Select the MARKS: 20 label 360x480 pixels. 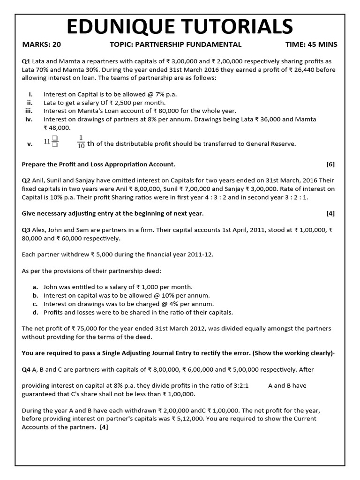tap(42, 45)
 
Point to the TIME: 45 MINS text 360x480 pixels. tap(311, 45)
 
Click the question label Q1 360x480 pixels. tap(26, 62)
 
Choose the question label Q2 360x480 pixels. tap(26, 180)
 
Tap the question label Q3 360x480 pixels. tap(26, 230)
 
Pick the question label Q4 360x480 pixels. tap(26, 369)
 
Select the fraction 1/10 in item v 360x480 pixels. tap(81, 141)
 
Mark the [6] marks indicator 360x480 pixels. tap(330, 164)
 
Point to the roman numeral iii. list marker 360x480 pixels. tap(28, 111)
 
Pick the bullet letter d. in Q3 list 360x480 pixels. tap(35, 312)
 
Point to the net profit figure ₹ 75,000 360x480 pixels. tap(78, 328)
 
